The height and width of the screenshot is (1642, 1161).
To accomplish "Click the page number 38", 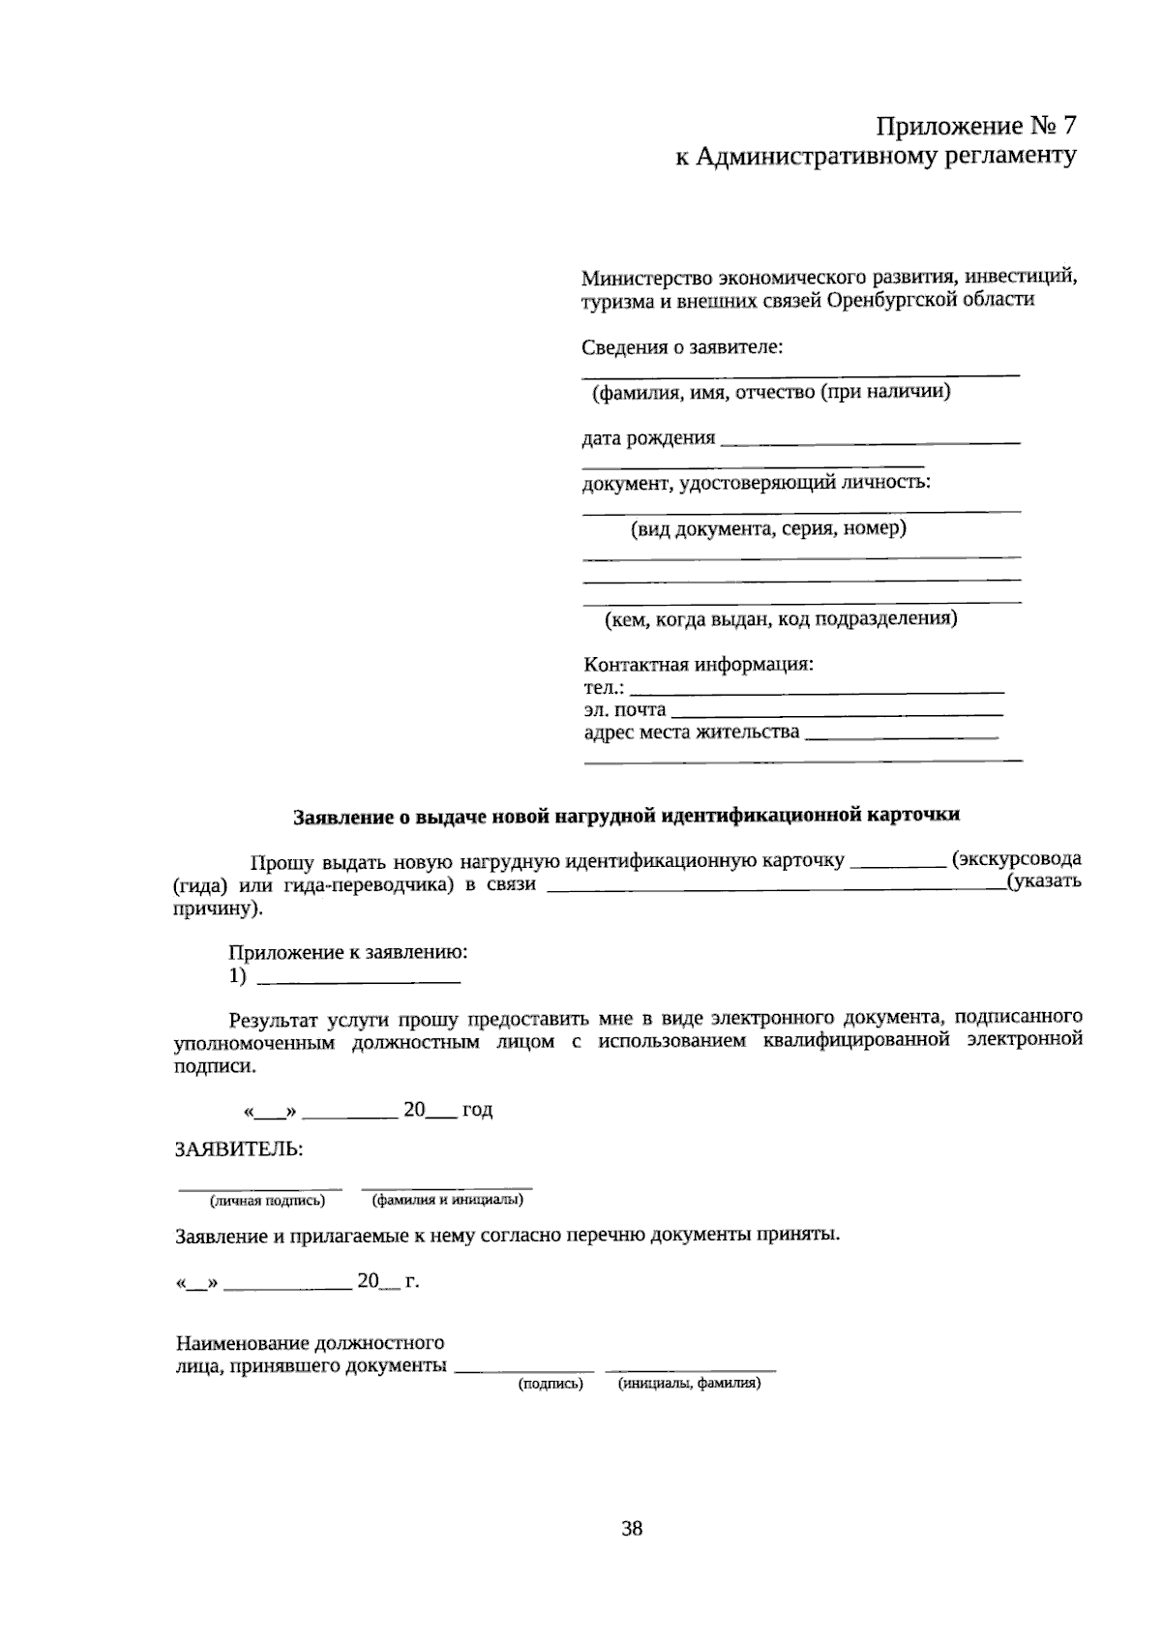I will point(632,1528).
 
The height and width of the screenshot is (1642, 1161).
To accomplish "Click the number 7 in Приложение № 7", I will point(1067,127).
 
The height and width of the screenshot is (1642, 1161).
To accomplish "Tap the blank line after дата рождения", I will point(871,441).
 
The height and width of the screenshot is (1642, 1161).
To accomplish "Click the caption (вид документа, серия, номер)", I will point(768,529).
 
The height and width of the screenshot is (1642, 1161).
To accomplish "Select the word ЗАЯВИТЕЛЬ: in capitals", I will point(238,1149).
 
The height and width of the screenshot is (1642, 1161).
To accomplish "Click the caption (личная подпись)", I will point(267,1201).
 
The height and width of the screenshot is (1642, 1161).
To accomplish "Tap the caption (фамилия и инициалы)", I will point(447,1201).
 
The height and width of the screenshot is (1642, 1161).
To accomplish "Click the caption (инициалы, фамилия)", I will point(690,1384).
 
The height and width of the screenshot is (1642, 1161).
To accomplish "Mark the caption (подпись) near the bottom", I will point(551,1384).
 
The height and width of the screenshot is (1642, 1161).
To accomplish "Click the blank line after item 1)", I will point(360,981).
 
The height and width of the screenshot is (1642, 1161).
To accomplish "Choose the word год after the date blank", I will point(477,1110).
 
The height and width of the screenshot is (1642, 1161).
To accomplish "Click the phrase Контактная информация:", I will point(699,666).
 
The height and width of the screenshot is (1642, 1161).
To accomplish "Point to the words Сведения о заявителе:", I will point(682,347).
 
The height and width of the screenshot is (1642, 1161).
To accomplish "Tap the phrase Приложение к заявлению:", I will point(348,952).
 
